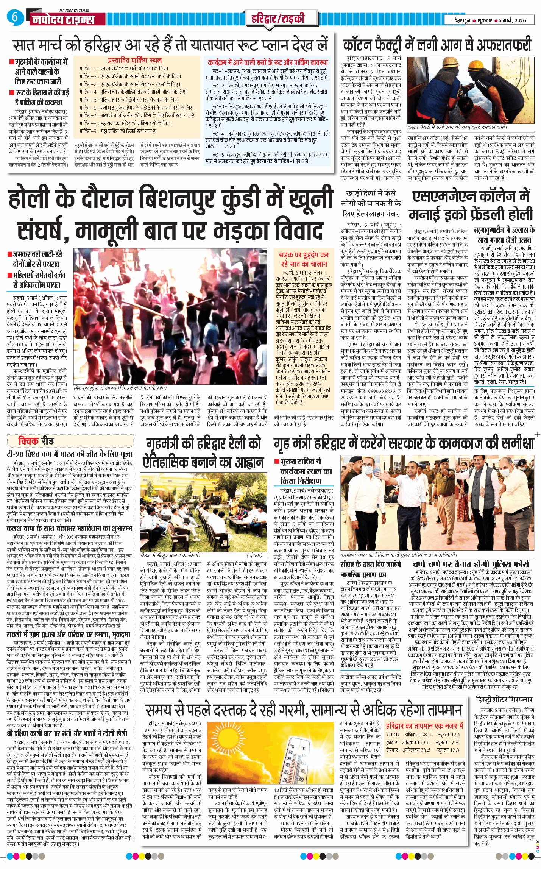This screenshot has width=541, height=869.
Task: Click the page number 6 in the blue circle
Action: point(14,17)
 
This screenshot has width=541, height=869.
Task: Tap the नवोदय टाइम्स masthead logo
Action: point(63,19)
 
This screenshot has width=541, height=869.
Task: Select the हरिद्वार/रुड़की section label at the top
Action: point(278,18)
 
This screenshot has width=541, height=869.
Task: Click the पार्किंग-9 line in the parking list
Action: point(118,131)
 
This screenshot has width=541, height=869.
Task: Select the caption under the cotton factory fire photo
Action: point(457,128)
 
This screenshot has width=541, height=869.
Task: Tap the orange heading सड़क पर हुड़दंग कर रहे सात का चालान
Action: point(304,259)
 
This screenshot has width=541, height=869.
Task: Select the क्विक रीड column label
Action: point(36,441)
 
